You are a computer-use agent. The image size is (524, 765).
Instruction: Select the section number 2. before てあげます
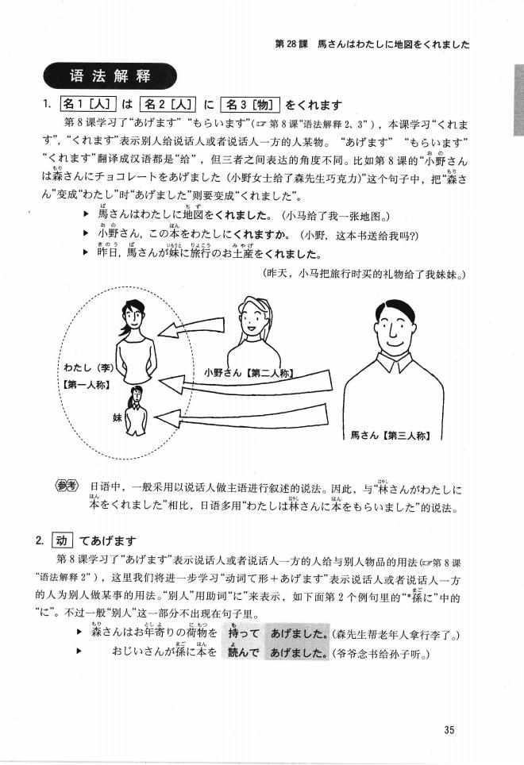(40, 541)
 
